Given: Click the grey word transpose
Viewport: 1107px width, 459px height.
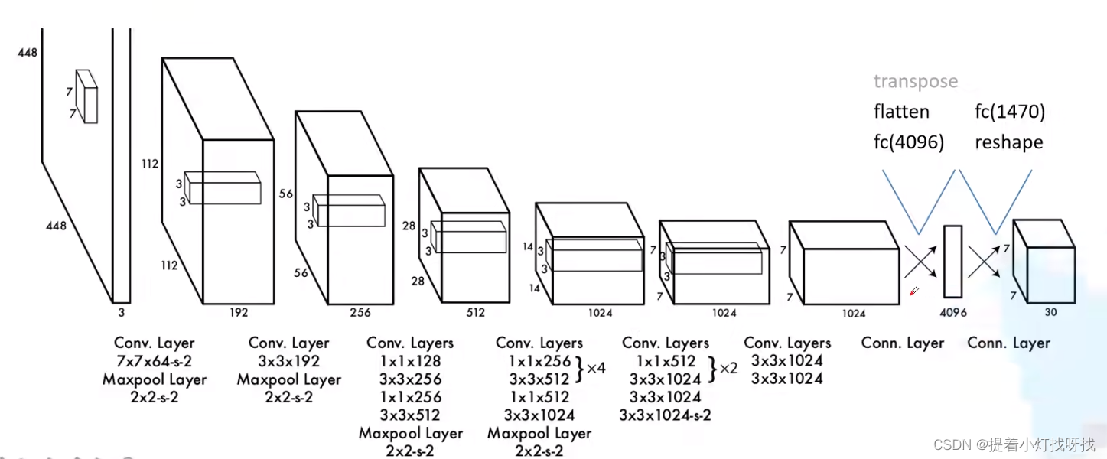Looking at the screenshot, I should [915, 82].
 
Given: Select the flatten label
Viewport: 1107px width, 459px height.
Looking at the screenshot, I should [901, 112].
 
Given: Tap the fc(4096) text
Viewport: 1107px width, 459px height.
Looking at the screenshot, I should [908, 143].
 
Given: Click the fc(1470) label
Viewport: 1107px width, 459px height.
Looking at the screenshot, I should [1009, 112].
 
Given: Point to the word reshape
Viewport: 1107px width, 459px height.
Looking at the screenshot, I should [1008, 143].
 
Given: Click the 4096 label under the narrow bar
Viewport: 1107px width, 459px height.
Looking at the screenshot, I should [953, 312].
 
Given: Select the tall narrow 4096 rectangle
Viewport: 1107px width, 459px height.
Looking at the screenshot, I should [952, 261].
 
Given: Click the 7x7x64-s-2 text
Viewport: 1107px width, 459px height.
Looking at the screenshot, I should [155, 361].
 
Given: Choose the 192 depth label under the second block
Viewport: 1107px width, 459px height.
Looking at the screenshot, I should [239, 312].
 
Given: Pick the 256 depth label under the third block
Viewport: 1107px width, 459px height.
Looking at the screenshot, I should [360, 312].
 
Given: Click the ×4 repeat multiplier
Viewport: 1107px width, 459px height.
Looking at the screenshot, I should [596, 368].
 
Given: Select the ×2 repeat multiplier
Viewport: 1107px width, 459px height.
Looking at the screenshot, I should [728, 368].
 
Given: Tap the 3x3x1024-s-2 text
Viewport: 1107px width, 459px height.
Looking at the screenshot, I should [665, 415].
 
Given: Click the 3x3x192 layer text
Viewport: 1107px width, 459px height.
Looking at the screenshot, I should [289, 361].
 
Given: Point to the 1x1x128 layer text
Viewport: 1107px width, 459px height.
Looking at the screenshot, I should [410, 361].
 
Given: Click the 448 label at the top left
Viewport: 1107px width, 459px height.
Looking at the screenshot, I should [27, 53].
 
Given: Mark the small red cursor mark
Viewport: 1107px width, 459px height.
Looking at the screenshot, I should [913, 291].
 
